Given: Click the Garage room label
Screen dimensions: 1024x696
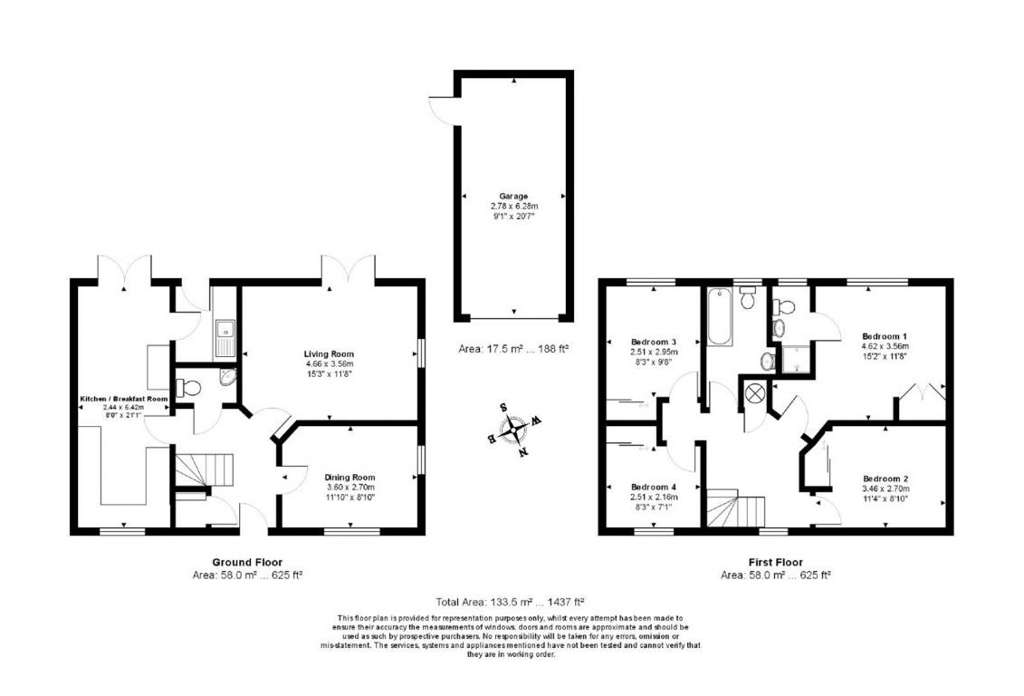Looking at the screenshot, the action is click(513, 196).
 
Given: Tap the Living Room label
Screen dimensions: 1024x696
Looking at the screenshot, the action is click(330, 354).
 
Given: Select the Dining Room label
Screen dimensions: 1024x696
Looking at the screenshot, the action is click(350, 478).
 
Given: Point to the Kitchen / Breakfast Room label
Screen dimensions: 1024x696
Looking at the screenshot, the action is click(123, 399).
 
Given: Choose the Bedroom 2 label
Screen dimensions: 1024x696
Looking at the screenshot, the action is click(885, 479).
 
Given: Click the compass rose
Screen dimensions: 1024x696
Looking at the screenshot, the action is click(515, 430).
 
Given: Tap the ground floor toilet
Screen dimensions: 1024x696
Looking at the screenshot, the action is click(188, 388).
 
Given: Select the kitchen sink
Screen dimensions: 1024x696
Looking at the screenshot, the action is click(225, 338).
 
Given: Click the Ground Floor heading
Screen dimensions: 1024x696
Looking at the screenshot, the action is click(247, 562).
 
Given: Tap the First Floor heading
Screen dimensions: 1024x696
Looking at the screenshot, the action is click(776, 562).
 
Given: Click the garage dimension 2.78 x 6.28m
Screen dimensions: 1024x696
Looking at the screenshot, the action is click(514, 206).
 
